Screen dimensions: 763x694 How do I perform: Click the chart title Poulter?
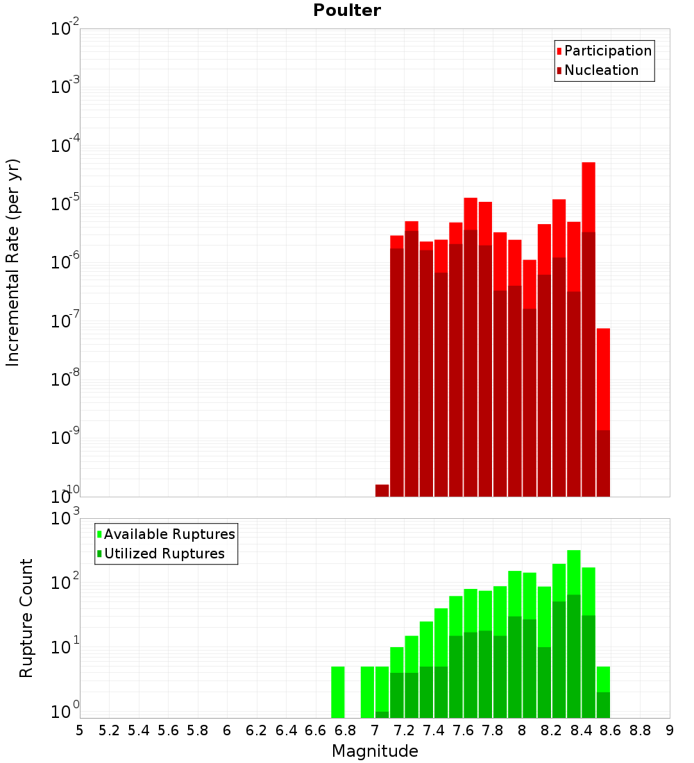pos(347,10)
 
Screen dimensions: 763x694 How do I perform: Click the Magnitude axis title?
pos(375,751)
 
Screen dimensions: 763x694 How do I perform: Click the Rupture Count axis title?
pos(26,618)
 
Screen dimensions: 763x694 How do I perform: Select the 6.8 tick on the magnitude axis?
pos(345,730)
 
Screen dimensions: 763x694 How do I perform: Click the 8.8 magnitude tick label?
pos(640,730)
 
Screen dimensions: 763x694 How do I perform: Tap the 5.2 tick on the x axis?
pos(109,730)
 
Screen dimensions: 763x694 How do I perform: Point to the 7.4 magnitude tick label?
pos(434,730)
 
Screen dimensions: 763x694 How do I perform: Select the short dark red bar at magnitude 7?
pos(382,490)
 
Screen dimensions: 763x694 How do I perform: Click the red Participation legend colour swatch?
pos(559,51)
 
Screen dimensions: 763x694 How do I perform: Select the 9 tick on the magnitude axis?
pos(669,730)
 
